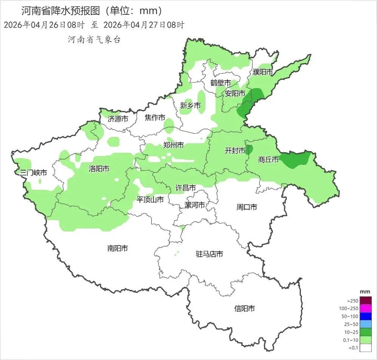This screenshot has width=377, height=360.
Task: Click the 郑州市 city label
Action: tap(173, 145)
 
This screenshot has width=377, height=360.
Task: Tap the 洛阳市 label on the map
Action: tap(99, 169)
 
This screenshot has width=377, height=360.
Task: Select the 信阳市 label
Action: tap(244, 309)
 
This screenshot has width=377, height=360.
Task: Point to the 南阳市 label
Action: tap(117, 248)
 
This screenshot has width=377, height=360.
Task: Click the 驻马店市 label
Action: tap(209, 254)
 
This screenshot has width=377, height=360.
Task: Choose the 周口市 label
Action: tap(247, 207)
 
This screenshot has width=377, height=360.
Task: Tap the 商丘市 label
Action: tap(268, 160)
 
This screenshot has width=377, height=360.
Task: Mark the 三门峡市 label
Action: tap(34, 173)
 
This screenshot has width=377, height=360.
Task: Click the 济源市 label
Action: tap(118, 119)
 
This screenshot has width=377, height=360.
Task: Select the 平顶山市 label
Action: tap(150, 199)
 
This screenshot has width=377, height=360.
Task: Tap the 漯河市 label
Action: tap(195, 205)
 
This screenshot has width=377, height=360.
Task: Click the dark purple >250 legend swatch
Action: tap(366, 301)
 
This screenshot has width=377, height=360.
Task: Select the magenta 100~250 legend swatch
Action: tap(366, 309)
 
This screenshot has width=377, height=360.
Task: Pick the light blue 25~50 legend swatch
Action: tap(366, 324)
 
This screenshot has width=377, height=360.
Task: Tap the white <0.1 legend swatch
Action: tap(366, 348)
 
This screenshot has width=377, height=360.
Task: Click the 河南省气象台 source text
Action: tap(94, 40)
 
